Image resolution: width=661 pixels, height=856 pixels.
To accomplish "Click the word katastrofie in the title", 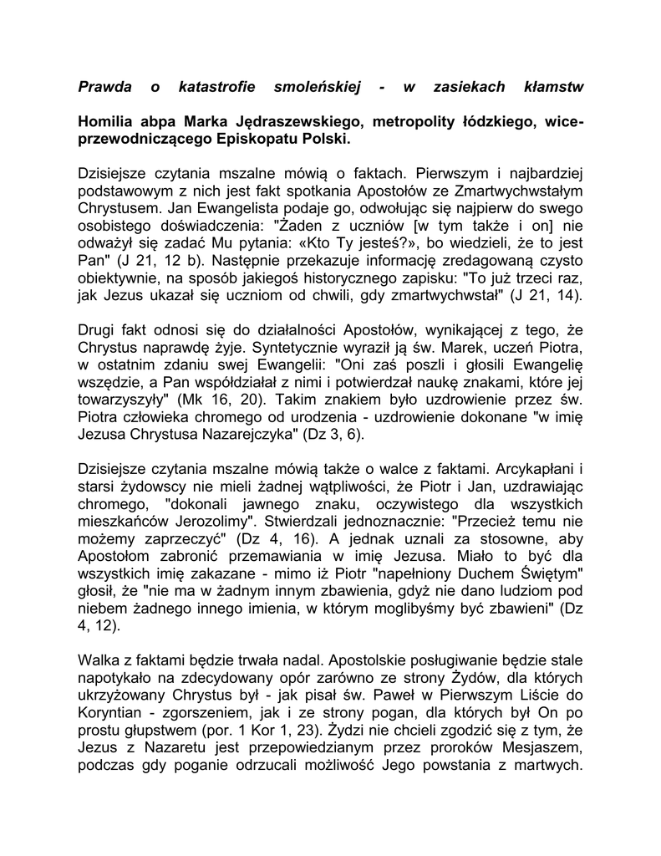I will click(216, 87).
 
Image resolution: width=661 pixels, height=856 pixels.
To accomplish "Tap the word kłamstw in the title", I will click(551, 87).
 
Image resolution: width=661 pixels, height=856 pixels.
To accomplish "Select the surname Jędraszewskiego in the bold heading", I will click(290, 123).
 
